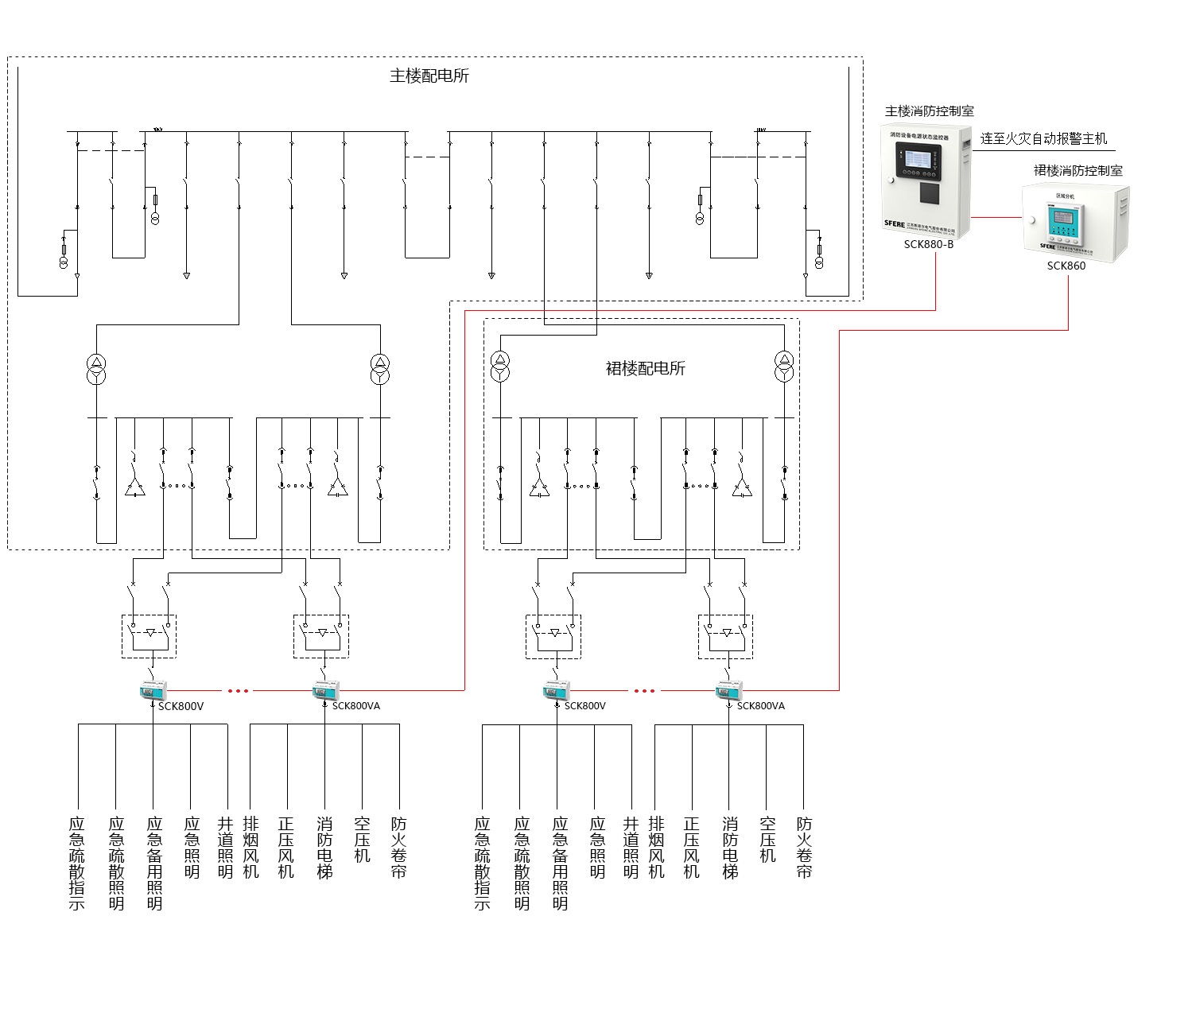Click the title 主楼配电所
[429, 76]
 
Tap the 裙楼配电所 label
[645, 369]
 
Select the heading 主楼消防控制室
[929, 111]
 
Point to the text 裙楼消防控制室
[1078, 170]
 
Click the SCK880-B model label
[928, 245]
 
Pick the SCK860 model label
[1066, 266]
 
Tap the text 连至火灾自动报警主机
[1043, 139]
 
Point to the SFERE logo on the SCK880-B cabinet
[895, 223]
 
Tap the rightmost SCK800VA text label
[760, 706]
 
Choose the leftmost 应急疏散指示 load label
[77, 864]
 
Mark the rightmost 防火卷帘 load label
[804, 848]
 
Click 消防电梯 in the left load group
[324, 848]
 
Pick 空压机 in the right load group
[767, 840]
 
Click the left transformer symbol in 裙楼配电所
[499, 366]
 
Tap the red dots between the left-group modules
[239, 691]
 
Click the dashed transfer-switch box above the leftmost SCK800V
[149, 636]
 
